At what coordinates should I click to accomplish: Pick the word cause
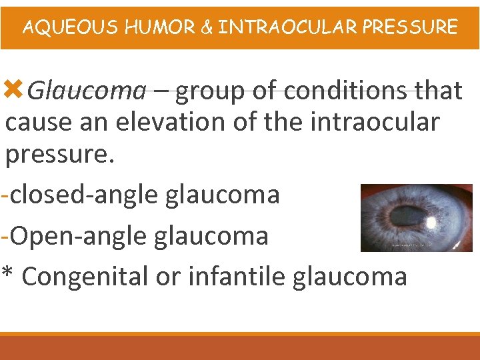click(x=41, y=123)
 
